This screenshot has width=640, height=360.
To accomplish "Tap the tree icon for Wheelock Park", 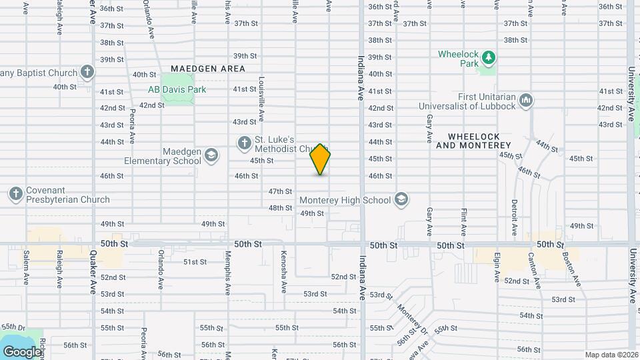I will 489,58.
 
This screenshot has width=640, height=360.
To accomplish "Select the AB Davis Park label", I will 177,89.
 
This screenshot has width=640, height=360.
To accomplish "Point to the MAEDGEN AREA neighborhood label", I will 207,69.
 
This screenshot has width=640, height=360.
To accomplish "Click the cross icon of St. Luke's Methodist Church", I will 244,142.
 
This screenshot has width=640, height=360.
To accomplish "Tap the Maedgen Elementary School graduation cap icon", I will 211,155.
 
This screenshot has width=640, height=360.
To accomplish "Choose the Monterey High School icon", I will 401,199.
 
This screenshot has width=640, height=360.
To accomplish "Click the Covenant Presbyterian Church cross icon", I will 15,194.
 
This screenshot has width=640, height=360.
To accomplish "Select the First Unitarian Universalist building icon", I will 526,101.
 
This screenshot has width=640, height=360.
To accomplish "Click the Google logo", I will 21,352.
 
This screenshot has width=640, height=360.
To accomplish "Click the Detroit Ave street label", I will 515,217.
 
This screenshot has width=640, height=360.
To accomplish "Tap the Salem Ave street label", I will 27,268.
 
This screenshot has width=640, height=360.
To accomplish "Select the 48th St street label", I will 280,208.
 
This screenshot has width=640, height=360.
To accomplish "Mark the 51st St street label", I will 195,262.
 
